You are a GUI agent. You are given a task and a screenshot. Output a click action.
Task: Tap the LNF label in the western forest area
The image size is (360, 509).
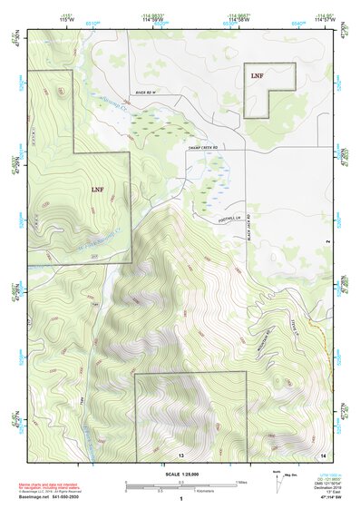pyautogui.click(x=97, y=189)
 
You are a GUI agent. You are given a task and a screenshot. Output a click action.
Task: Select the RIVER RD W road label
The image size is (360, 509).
pyautogui.click(x=147, y=93)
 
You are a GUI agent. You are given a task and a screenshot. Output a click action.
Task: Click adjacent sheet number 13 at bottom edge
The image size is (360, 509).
pyautogui.click(x=180, y=454)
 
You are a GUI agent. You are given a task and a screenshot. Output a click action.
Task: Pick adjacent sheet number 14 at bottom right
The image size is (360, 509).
pyautogui.click(x=322, y=454)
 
